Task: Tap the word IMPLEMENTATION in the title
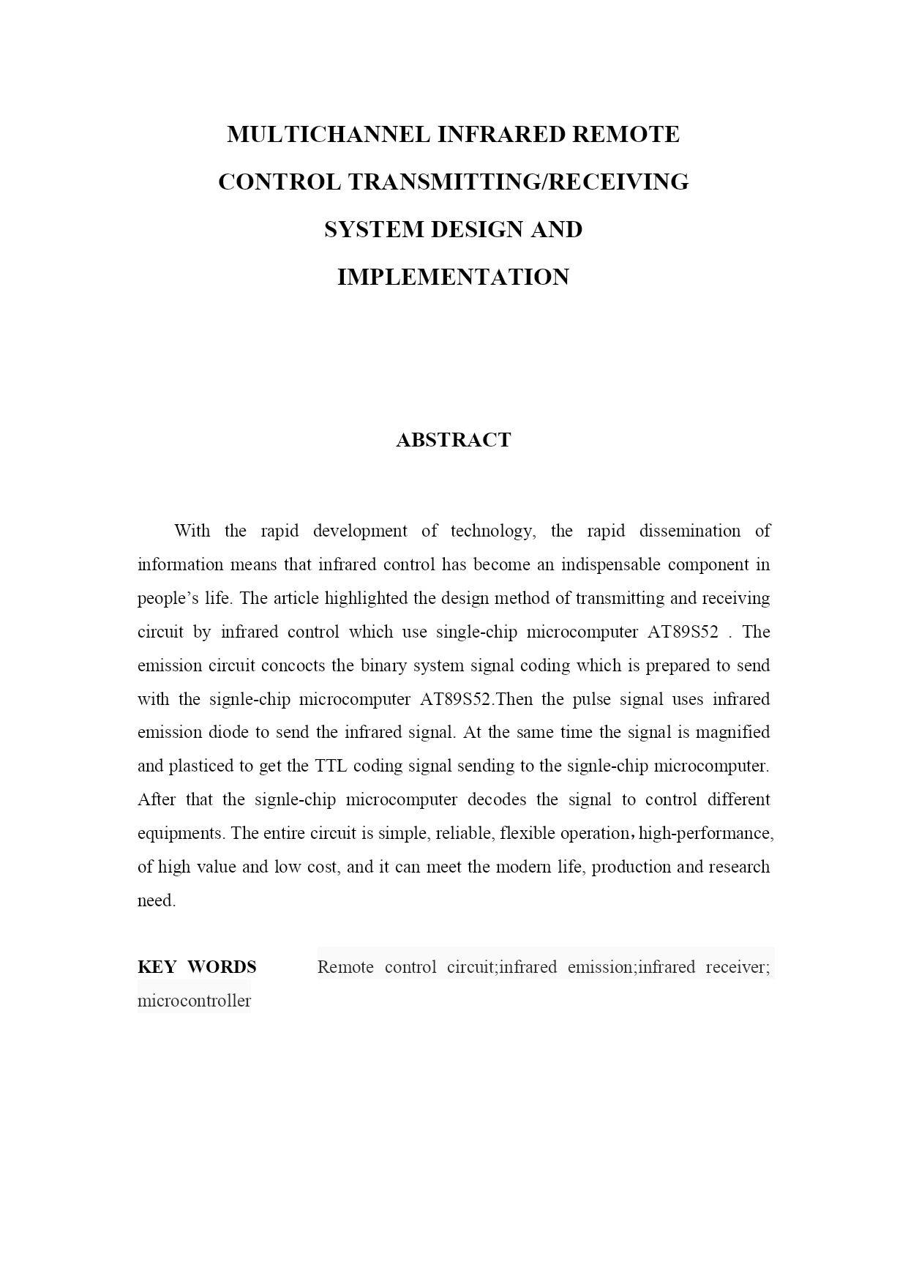[453, 277]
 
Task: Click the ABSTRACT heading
[453, 440]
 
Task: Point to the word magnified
[732, 733]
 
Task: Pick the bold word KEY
[157, 968]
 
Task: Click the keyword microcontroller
[194, 1001]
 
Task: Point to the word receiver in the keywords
[738, 968]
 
